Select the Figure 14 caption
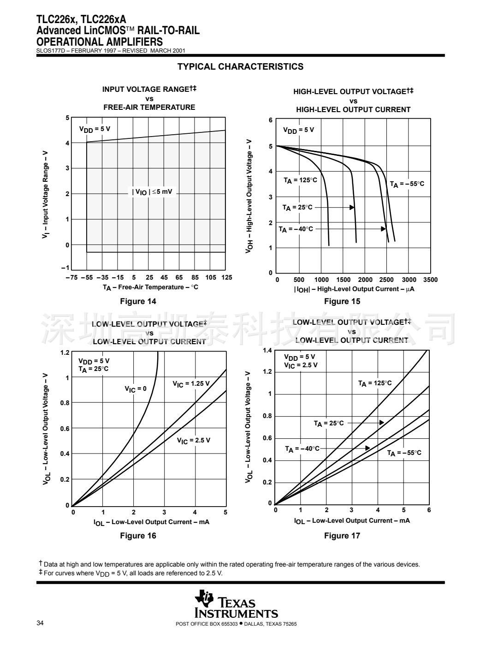pyautogui.click(x=138, y=301)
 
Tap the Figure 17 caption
pyautogui.click(x=342, y=535)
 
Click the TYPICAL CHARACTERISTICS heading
pyautogui.click(x=240, y=66)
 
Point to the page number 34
pyautogui.click(x=40, y=623)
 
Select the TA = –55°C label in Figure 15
pyautogui.click(x=407, y=184)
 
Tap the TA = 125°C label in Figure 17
pyautogui.click(x=375, y=383)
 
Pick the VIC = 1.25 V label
pyautogui.click(x=191, y=384)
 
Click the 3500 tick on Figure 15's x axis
pyautogui.click(x=430, y=280)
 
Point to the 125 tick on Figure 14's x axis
pyautogui.click(x=226, y=277)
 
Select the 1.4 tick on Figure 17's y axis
pyautogui.click(x=267, y=351)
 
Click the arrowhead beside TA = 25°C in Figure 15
pyautogui.click(x=352, y=207)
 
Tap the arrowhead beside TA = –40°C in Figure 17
pyautogui.click(x=368, y=448)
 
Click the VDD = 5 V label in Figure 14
pyautogui.click(x=95, y=129)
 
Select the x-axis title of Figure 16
pyautogui.click(x=151, y=522)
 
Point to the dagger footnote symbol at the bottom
pyautogui.click(x=41, y=563)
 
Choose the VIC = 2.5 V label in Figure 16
pyautogui.click(x=194, y=441)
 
